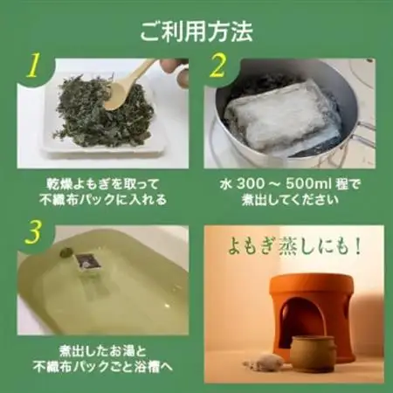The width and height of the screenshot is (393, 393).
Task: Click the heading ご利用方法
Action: click(x=196, y=32)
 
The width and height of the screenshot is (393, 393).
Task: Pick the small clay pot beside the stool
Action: click(x=312, y=353)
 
